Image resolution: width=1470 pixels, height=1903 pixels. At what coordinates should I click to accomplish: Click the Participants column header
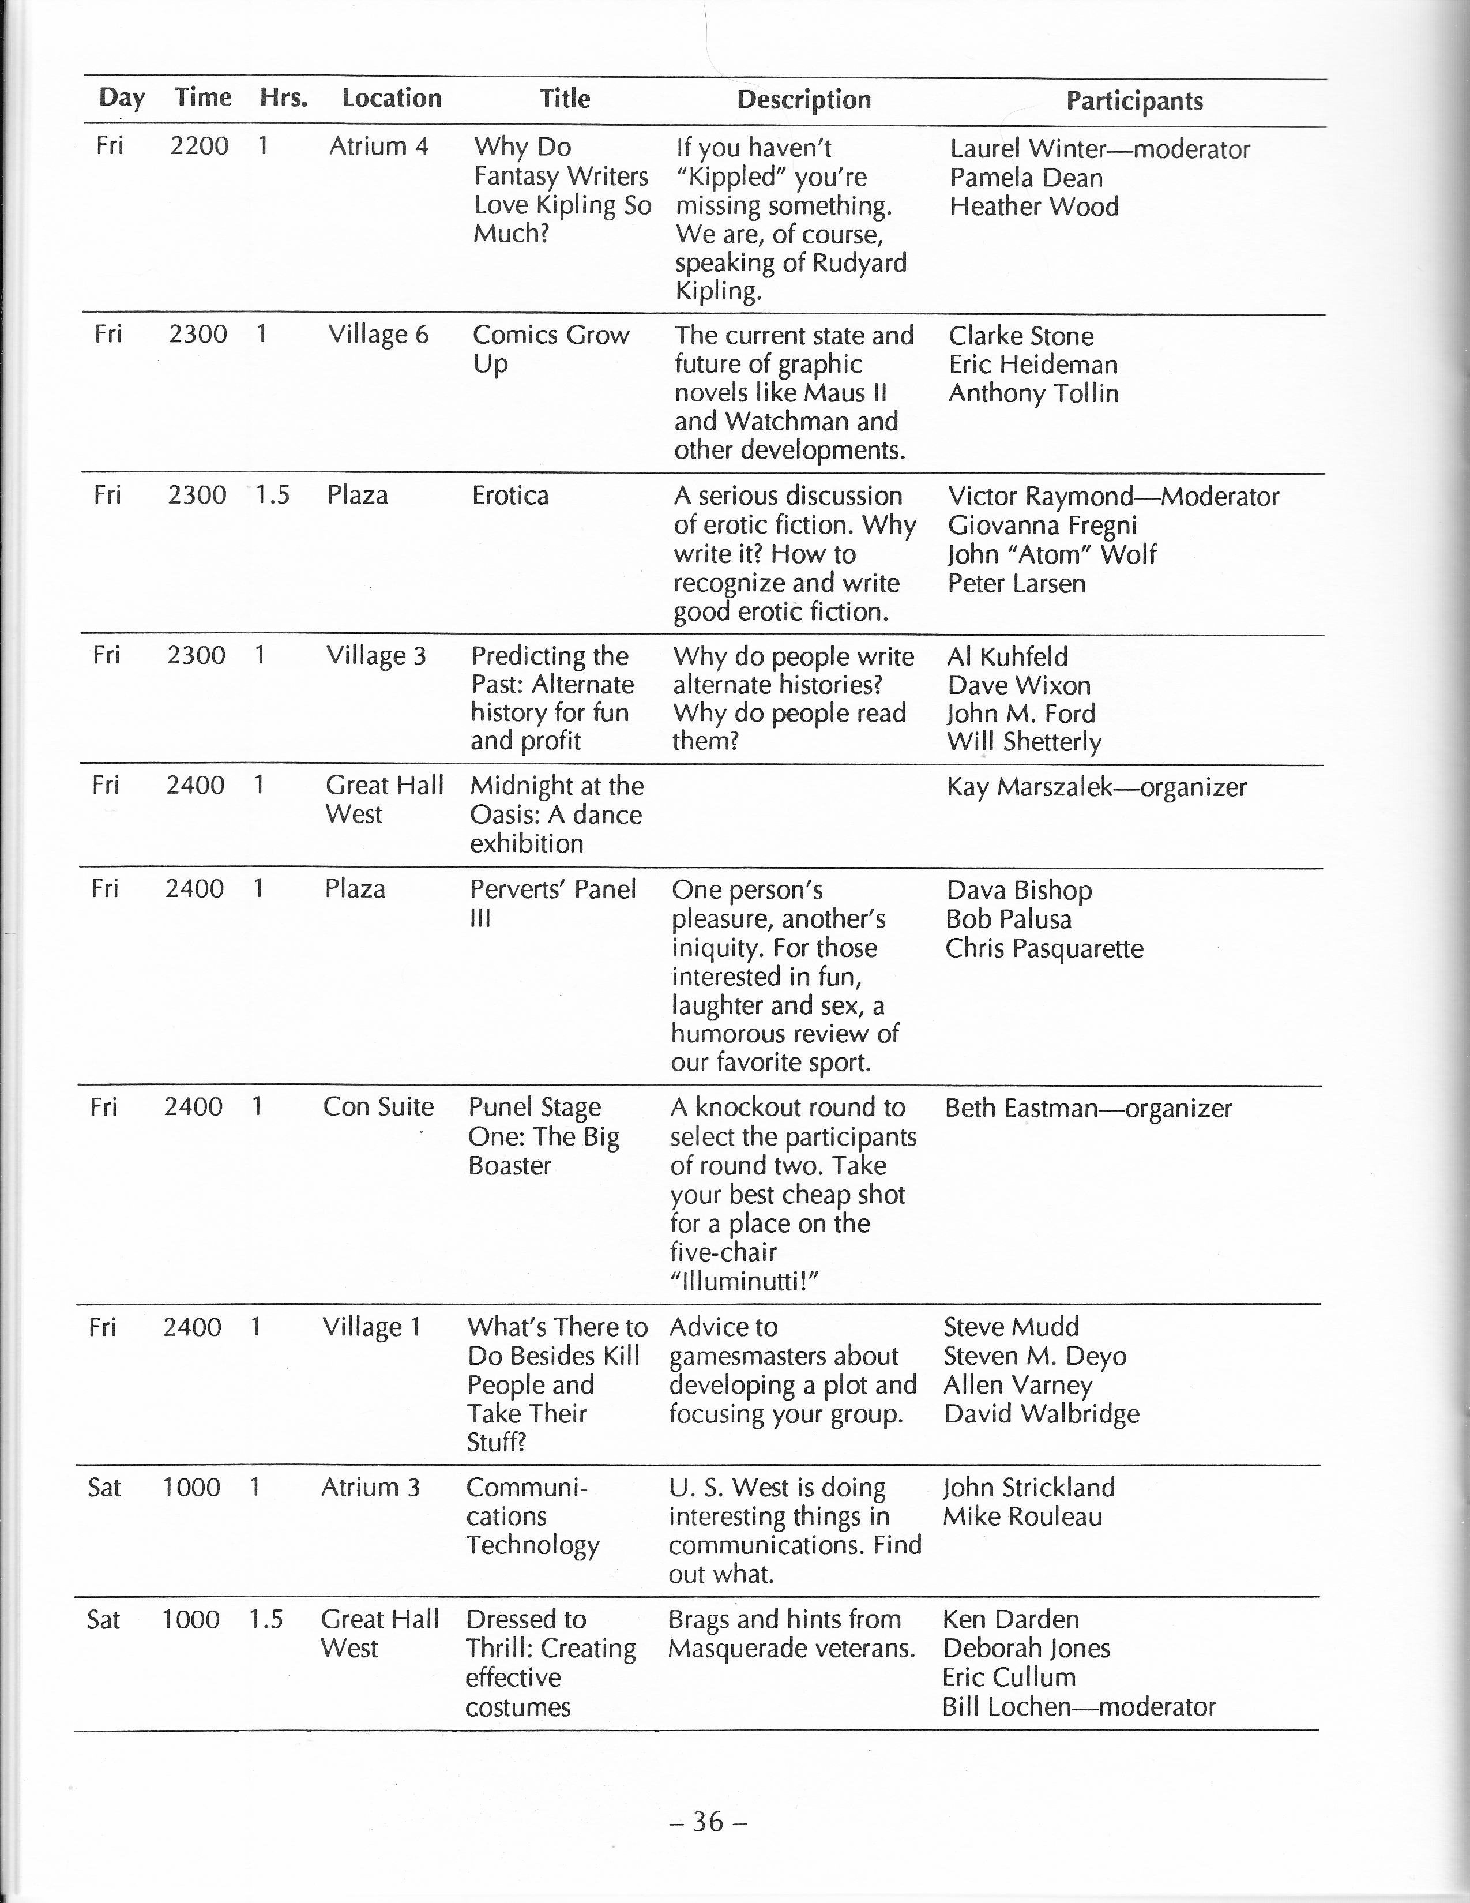pyautogui.click(x=1134, y=101)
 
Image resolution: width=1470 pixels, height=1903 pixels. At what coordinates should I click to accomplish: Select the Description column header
pyautogui.click(x=803, y=99)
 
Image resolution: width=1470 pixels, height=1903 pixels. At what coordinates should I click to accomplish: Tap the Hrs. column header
pyautogui.click(x=283, y=97)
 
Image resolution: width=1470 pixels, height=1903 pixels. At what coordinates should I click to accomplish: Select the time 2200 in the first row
pyautogui.click(x=199, y=145)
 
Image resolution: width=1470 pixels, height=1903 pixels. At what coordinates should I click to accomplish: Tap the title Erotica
pyautogui.click(x=510, y=496)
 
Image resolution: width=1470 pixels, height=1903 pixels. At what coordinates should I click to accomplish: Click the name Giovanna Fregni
pyautogui.click(x=1042, y=526)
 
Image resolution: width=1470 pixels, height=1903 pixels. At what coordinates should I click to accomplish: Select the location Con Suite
pyautogui.click(x=378, y=1106)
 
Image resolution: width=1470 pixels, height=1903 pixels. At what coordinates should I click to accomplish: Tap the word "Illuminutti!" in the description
pyautogui.click(x=745, y=1281)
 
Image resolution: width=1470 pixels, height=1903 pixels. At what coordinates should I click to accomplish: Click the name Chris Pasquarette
pyautogui.click(x=1044, y=948)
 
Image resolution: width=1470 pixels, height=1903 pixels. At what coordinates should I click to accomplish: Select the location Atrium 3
pyautogui.click(x=370, y=1487)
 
